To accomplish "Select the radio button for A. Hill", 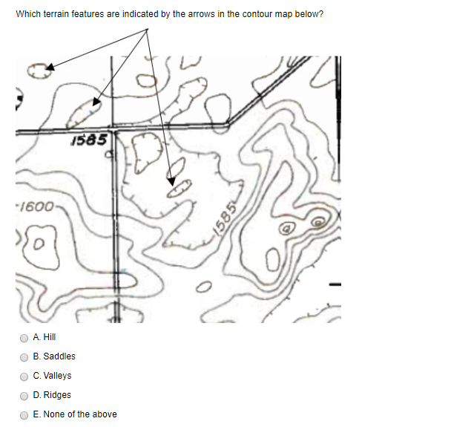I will (24, 337).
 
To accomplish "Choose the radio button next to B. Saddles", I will (24, 356).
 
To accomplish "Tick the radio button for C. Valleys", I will (24, 376).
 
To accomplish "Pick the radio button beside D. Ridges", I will (24, 395).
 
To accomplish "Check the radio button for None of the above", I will (24, 414).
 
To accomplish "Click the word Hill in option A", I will (50, 337).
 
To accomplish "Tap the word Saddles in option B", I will (59, 356).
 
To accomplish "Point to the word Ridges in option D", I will (59, 395).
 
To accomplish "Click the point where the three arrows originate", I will (148, 30).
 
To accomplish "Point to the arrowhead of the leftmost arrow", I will (50, 68).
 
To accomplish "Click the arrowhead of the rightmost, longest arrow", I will (172, 180).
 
